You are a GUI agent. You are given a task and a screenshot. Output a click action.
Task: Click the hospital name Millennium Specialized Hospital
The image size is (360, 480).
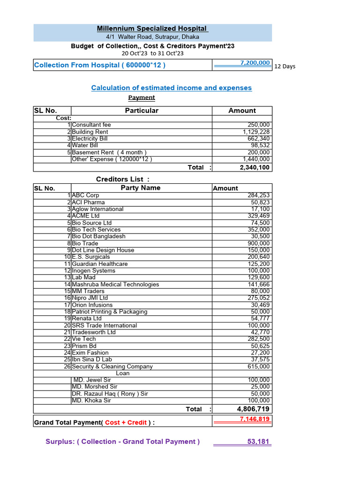[x=152, y=29]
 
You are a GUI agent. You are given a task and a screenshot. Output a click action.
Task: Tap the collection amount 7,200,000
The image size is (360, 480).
[x=255, y=63]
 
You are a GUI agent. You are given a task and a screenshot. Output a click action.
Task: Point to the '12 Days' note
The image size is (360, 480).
[x=285, y=67]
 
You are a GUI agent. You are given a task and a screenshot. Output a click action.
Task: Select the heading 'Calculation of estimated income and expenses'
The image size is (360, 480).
[x=171, y=88]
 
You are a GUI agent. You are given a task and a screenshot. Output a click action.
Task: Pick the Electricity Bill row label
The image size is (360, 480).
[x=90, y=139]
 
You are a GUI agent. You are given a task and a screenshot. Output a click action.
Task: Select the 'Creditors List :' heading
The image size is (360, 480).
[x=123, y=179]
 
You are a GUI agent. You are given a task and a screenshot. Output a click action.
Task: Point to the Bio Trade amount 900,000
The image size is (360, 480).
[x=258, y=243]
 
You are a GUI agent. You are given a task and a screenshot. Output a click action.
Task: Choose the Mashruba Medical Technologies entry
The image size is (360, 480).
[x=115, y=285]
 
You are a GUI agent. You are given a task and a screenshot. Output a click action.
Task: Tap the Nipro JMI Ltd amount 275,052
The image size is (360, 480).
[x=258, y=298]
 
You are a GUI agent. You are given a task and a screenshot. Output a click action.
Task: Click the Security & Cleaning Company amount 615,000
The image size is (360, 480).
[x=258, y=367]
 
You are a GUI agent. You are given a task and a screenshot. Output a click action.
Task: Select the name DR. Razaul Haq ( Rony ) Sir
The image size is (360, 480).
[x=110, y=394]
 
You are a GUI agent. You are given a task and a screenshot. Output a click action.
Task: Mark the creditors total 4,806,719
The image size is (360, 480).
[x=253, y=409]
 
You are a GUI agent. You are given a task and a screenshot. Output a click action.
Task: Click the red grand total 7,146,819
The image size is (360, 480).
[x=255, y=419]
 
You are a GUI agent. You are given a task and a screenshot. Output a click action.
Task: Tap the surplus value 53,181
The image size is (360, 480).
[x=258, y=442]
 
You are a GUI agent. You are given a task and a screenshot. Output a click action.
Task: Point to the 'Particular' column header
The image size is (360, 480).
[x=142, y=111]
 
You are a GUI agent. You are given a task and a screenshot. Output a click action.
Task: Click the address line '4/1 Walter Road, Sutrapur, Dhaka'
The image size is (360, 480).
[x=152, y=37]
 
